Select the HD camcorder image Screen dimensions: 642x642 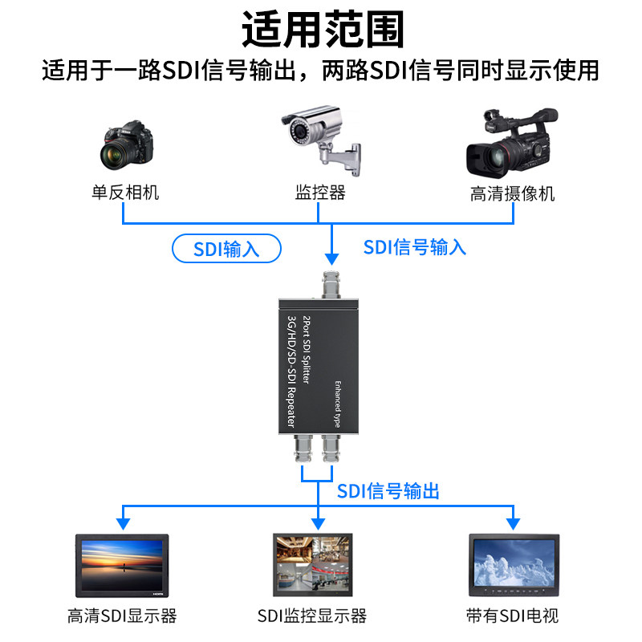point(511,144)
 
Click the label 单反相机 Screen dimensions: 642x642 point(125,193)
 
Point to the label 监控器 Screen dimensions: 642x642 point(320,193)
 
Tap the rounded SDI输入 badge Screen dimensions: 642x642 point(227,249)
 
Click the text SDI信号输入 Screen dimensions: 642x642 point(414,246)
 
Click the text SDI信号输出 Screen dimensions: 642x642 point(388,491)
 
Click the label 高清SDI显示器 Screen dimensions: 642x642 point(122,616)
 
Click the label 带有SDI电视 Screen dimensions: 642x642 point(512,616)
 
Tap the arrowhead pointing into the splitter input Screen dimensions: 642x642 point(331,258)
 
